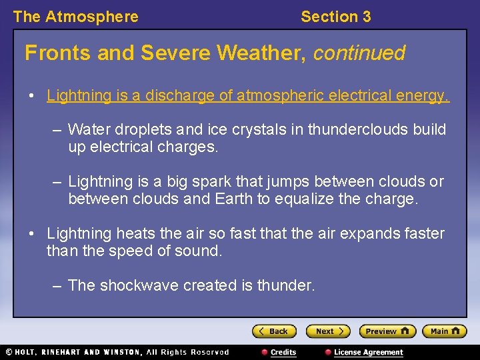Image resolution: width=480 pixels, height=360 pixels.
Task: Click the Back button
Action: (274, 331)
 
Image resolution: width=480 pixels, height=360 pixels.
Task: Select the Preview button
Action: (387, 331)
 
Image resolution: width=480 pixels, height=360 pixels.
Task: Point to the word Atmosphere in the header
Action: (91, 17)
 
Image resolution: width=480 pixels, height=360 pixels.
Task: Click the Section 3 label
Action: (335, 17)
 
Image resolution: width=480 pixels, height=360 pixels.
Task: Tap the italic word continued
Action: (359, 53)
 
